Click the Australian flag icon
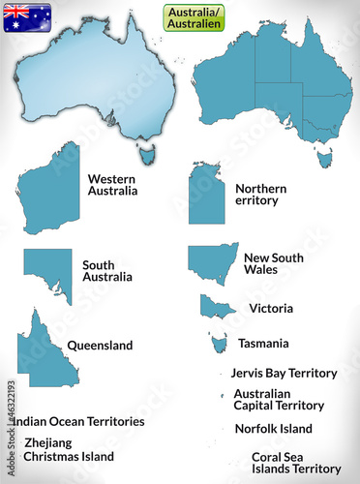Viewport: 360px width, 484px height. click(x=27, y=17)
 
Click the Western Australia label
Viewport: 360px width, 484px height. click(x=112, y=184)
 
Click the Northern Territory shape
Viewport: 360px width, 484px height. click(x=206, y=196)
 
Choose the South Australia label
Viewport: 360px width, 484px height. click(x=107, y=270)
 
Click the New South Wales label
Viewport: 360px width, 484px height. click(x=273, y=263)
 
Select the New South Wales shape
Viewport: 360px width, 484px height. click(x=210, y=261)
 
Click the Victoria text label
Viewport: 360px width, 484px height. click(x=271, y=309)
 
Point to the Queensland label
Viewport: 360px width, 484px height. click(x=100, y=345)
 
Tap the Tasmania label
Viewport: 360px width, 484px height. click(x=263, y=343)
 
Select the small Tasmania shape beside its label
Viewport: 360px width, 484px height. click(x=218, y=343)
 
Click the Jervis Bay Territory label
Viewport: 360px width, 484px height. click(x=284, y=373)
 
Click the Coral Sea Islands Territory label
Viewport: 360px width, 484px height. click(x=296, y=463)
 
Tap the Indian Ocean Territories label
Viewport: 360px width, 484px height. click(x=79, y=422)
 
